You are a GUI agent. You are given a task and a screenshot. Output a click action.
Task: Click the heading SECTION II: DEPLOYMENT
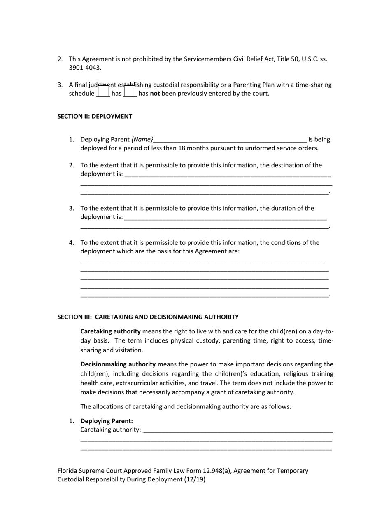click(95, 116)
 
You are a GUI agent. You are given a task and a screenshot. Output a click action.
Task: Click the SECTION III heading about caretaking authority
click(148, 317)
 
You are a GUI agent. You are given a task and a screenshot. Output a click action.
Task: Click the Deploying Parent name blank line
click(230, 140)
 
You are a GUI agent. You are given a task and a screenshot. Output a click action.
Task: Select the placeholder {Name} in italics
click(142, 140)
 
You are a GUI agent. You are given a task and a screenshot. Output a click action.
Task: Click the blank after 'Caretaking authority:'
click(238, 430)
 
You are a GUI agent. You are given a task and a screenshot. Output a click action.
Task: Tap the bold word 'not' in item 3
click(155, 94)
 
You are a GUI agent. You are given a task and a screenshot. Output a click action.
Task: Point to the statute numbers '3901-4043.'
click(85, 68)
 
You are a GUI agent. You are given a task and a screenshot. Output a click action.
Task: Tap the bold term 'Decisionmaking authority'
click(118, 364)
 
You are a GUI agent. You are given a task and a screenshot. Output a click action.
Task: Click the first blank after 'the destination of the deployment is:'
click(227, 174)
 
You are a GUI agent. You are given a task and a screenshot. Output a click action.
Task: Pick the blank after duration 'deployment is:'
click(225, 217)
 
